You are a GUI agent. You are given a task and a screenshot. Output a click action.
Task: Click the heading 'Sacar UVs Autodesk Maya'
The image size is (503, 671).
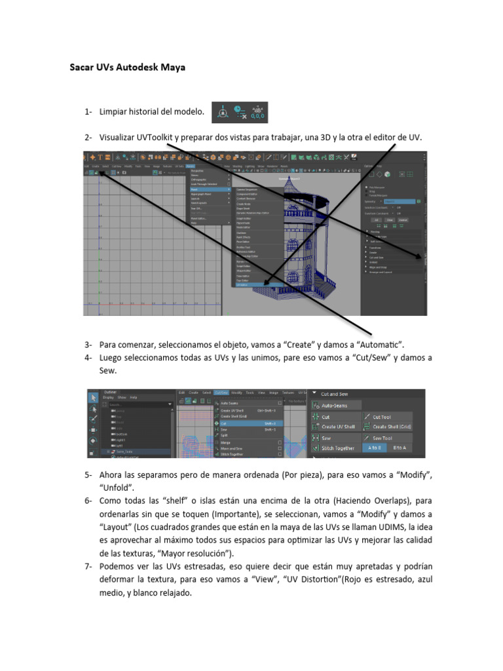coord(127,67)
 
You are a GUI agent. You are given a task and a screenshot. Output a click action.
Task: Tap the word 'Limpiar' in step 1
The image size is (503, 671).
coord(114,112)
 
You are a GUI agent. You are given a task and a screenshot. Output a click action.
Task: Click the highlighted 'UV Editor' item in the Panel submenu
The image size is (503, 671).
coord(243,284)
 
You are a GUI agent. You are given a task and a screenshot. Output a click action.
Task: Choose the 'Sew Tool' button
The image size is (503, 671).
coord(390,438)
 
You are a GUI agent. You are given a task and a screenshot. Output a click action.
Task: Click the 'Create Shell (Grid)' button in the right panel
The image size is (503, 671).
coord(390,427)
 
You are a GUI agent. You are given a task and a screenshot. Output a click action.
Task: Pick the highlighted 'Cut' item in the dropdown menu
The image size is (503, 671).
coord(224,423)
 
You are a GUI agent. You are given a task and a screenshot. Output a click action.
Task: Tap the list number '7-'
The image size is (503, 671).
coord(88,566)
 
